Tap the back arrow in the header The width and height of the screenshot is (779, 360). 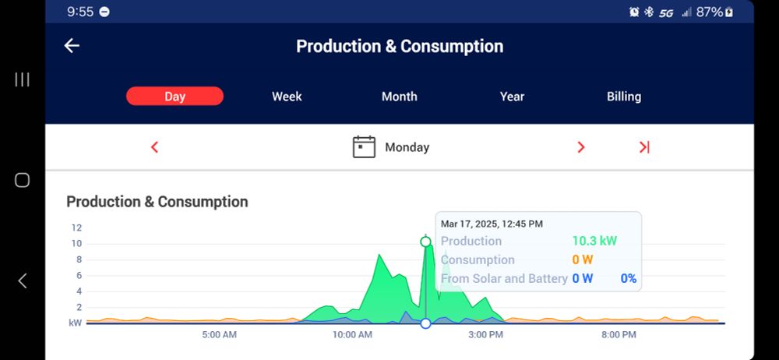(72, 46)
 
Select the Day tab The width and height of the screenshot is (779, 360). (174, 97)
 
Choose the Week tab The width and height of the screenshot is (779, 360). (287, 97)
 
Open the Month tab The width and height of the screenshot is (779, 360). (399, 97)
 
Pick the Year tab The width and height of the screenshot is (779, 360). (512, 97)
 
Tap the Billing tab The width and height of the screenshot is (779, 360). (624, 97)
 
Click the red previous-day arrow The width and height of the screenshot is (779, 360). (154, 147)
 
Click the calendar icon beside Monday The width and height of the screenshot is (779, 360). (364, 147)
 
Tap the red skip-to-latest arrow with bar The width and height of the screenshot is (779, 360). (644, 147)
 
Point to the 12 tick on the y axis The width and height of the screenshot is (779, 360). (76, 228)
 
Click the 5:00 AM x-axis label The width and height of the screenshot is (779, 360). (219, 335)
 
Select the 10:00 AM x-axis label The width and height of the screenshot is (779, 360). (352, 335)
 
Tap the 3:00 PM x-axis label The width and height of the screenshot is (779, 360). (485, 335)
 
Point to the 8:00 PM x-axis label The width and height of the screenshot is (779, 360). (619, 335)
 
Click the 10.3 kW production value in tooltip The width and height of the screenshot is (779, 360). (594, 242)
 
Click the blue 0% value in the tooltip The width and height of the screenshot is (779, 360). (629, 278)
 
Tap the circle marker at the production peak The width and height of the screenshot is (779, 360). (425, 242)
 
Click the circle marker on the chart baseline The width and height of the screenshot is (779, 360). (425, 323)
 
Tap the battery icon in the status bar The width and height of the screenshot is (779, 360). (729, 12)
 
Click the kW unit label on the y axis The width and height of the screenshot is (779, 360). (76, 323)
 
